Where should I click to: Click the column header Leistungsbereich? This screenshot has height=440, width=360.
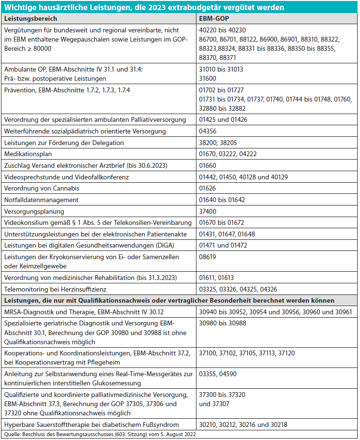30,18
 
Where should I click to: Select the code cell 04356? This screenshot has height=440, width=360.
209,131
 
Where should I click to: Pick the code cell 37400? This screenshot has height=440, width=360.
209,211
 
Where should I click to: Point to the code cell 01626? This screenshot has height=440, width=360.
209,188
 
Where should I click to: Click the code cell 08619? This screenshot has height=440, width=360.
209,258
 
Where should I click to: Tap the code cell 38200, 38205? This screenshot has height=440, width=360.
219,143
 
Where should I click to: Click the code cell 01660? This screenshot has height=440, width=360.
209,165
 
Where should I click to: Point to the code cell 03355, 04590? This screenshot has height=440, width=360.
219,374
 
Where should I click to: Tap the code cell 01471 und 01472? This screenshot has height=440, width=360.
223,246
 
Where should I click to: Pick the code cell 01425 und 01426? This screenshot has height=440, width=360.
223,119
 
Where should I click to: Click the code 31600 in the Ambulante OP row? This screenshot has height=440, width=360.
209,78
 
